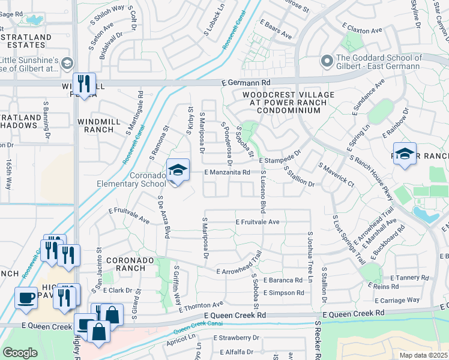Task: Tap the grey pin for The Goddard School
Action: [327, 61]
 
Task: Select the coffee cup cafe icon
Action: [26, 298]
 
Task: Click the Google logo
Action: [20, 353]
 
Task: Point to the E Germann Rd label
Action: [246, 82]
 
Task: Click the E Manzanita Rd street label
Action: [226, 172]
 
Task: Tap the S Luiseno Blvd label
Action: [263, 191]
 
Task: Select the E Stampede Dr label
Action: [279, 160]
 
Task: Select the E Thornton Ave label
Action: [202, 306]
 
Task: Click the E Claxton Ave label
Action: [362, 28]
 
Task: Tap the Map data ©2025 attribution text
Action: [423, 355]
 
